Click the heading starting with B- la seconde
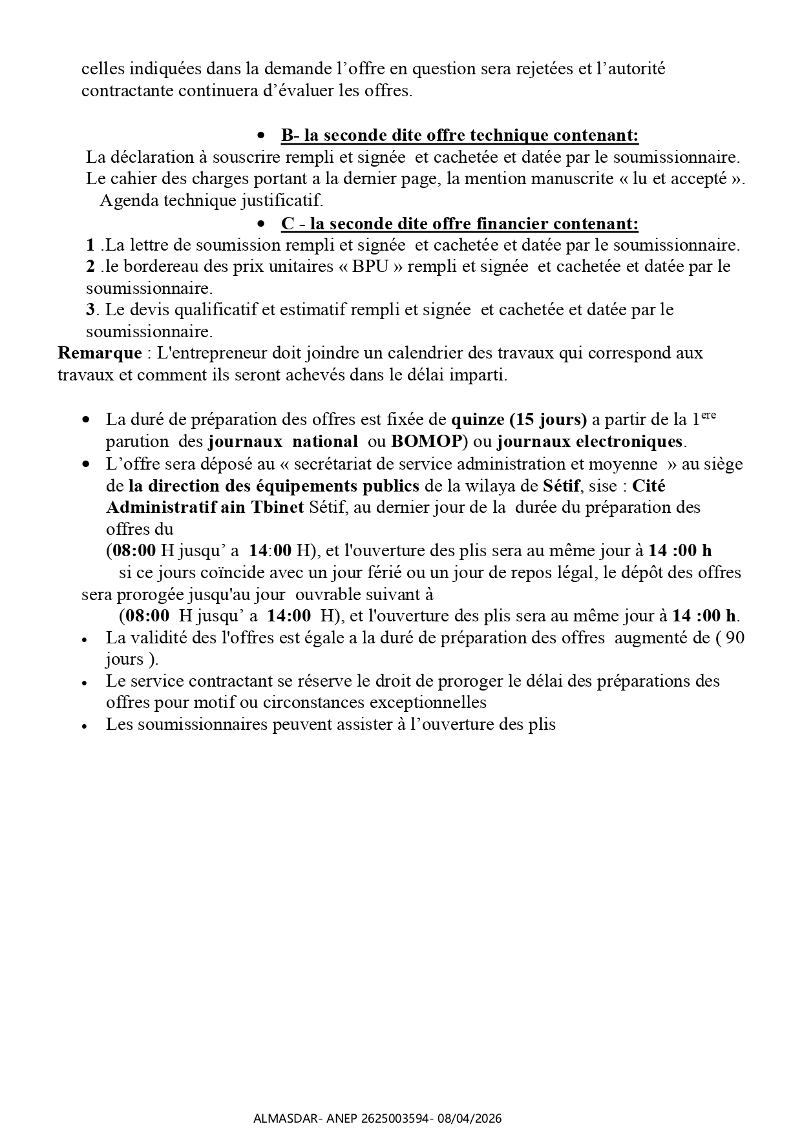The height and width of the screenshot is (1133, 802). pyautogui.click(x=459, y=136)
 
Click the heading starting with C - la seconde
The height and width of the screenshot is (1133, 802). pyautogui.click(x=459, y=223)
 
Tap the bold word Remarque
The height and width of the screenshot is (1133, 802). pyautogui.click(x=100, y=353)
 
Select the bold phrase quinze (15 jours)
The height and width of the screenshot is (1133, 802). pyautogui.click(x=518, y=420)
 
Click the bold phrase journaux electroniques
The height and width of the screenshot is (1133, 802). pyautogui.click(x=590, y=442)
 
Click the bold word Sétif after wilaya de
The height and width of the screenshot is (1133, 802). pyautogui.click(x=561, y=486)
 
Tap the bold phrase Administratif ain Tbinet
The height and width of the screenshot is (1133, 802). pyautogui.click(x=204, y=507)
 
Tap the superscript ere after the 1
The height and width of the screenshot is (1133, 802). pyautogui.click(x=708, y=415)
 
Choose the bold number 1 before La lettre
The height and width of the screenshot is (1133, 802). pyautogui.click(x=90, y=245)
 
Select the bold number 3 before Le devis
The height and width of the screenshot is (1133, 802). pyautogui.click(x=90, y=309)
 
